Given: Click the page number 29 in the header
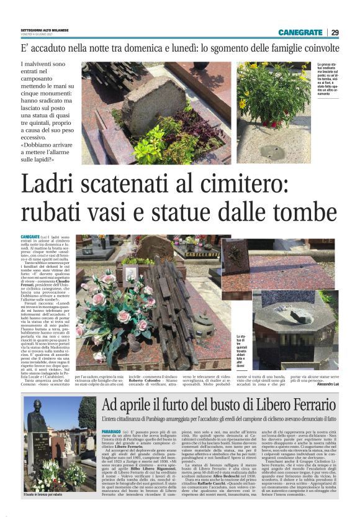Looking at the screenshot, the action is tap(335, 32).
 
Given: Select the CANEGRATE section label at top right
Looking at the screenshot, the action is tap(300, 32).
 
